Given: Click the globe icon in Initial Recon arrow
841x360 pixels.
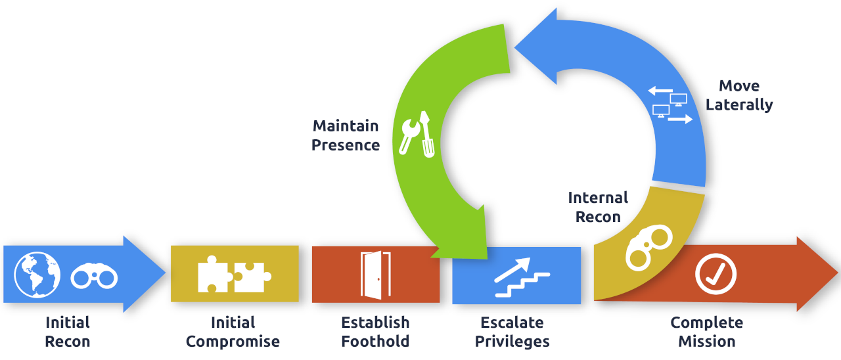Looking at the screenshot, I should [x=37, y=273].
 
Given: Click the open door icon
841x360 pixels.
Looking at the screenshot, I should [x=375, y=275].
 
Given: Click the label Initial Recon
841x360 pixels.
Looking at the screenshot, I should [x=68, y=332].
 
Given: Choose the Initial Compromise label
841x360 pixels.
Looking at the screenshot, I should [x=233, y=332].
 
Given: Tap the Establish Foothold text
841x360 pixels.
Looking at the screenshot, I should [x=375, y=332].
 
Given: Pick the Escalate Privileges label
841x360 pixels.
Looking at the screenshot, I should [x=512, y=332].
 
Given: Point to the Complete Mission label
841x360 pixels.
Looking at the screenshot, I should [x=706, y=332].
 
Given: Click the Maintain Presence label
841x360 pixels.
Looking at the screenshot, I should [x=346, y=135].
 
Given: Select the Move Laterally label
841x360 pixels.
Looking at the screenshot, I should [x=739, y=95].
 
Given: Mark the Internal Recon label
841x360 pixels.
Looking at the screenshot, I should [x=598, y=207].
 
